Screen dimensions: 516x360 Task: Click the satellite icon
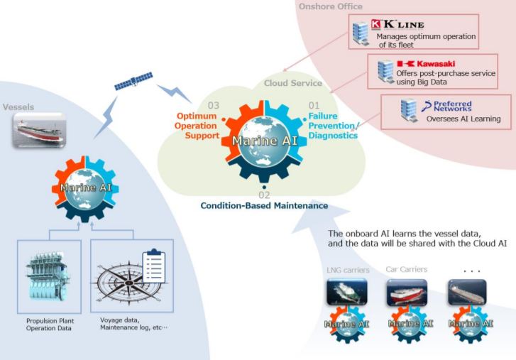[x=133, y=81]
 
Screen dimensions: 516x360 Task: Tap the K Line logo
[x=397, y=25]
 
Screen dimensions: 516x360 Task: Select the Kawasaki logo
[x=426, y=64]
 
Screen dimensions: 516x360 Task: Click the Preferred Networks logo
[x=446, y=106]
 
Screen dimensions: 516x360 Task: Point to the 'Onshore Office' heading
[x=331, y=6]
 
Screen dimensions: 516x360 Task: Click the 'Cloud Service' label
[x=293, y=83]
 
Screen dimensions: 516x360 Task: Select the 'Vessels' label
[x=18, y=107]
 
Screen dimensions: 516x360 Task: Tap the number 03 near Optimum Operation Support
[x=213, y=105]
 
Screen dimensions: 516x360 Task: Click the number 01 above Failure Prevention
[x=314, y=105]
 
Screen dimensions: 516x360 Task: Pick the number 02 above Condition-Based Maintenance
[x=264, y=195]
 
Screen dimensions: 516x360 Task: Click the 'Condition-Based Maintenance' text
[x=264, y=206]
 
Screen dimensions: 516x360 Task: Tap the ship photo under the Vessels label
[x=40, y=131]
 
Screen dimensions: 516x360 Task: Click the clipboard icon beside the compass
[x=154, y=266]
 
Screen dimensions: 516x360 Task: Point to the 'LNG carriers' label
[x=348, y=270]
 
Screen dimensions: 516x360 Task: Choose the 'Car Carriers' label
[x=407, y=269]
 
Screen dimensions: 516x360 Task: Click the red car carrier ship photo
[x=407, y=293]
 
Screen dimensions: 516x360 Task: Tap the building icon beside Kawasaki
[x=385, y=71]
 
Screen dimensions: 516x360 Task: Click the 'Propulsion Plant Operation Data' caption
[x=50, y=324]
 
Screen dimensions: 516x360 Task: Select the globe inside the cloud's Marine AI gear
[x=263, y=141]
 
